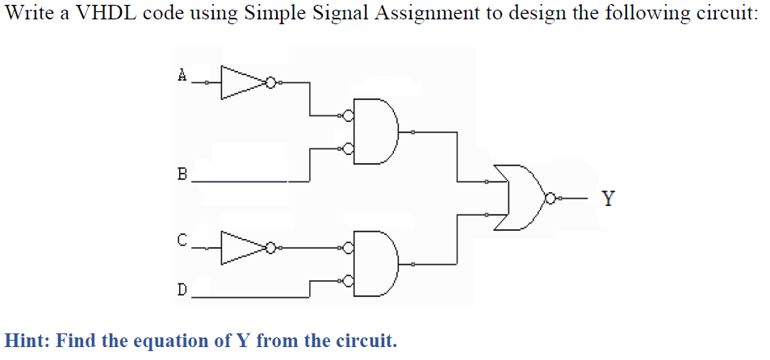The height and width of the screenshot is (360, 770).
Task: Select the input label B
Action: coord(182,173)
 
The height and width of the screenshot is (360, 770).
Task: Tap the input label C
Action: coord(182,240)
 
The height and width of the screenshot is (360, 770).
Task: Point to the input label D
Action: coord(182,288)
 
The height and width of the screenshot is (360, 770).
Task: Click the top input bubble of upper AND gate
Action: coord(349,116)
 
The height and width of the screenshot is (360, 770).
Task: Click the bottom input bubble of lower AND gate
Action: coord(349,281)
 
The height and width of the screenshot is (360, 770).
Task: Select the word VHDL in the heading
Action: coord(98,15)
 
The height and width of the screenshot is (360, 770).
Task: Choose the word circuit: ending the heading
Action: coord(726,15)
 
